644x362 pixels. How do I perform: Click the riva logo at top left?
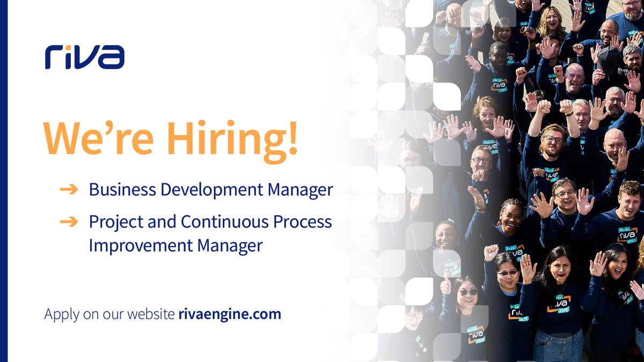pos(85,57)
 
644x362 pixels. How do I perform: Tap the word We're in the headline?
pos(89,139)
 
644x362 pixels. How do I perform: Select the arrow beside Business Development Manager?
pos(69,190)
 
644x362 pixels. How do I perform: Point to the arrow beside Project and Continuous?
pos(69,221)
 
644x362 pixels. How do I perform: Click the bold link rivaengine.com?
pos(230,314)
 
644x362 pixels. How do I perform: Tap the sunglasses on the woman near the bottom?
pos(467,292)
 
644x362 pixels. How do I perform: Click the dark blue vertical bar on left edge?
pos(4,181)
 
